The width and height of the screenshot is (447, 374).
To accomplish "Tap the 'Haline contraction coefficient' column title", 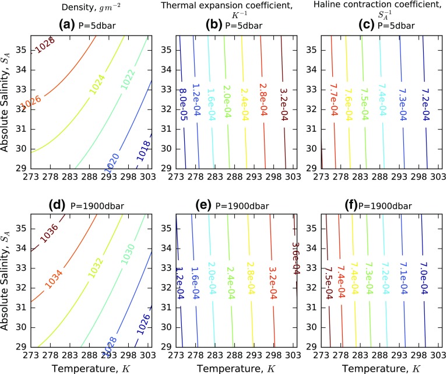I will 385,9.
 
